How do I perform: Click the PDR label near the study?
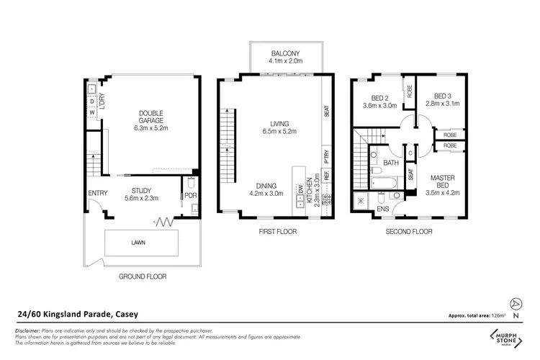(190, 195)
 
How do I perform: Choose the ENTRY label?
(97, 193)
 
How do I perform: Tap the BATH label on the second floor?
(390, 163)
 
